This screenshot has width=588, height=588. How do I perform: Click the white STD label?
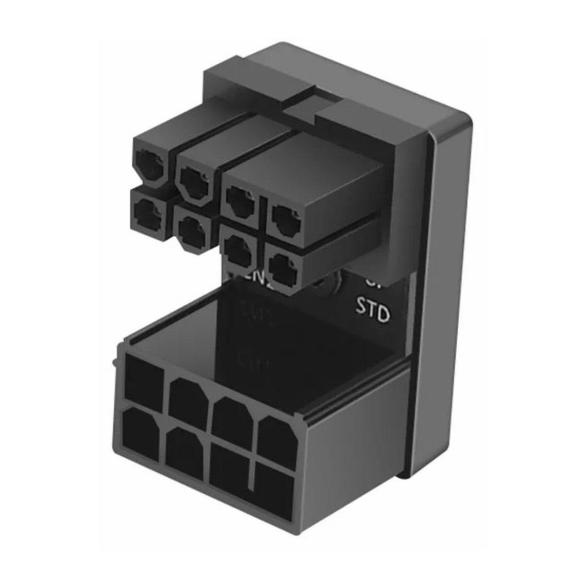[373, 310]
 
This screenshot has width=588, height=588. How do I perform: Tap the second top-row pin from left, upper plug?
[194, 178]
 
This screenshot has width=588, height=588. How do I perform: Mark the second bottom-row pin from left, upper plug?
[191, 230]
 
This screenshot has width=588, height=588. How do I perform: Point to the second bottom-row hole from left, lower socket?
[184, 453]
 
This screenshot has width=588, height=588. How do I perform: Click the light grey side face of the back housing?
[445, 299]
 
